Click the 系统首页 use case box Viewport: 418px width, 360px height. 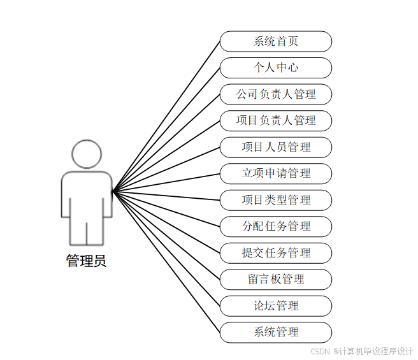coord(276,41)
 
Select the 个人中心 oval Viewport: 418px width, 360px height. coord(276,68)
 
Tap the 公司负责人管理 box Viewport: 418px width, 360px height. coord(276,94)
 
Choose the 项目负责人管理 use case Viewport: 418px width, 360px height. coord(276,120)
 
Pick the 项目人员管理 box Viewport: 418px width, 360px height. coord(276,147)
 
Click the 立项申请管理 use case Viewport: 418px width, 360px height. coord(276,173)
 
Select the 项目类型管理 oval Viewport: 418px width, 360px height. coord(276,200)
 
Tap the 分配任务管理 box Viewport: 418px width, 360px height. coord(276,226)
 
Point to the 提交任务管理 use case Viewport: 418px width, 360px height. coord(276,253)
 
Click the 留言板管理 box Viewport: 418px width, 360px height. coord(276,279)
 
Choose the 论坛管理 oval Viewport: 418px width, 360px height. coord(276,306)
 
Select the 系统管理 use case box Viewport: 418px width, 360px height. coord(276,332)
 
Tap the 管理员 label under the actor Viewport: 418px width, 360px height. coord(86,261)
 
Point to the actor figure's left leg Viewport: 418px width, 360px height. coord(77,229)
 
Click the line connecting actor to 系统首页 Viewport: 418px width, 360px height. coord(166,116)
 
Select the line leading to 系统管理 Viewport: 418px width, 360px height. coord(166,261)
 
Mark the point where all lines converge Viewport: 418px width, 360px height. coord(113,191)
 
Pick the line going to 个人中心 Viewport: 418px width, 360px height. coord(166,129)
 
